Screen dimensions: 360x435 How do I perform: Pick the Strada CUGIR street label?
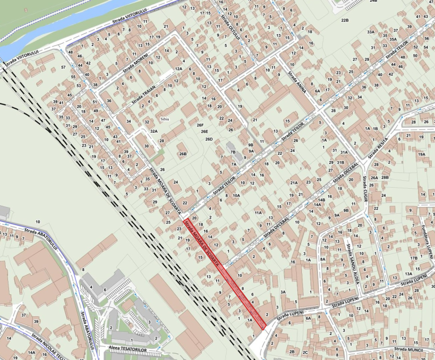click(x=364, y=190)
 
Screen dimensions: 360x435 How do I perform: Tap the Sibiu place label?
click(x=165, y=120)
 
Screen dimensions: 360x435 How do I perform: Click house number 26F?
click(x=200, y=125)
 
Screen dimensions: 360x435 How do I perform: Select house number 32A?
click(x=153, y=131)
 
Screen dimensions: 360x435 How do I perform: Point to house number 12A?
click(x=178, y=69)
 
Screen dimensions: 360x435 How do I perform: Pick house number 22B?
click(x=344, y=20)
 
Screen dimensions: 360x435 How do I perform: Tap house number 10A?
click(x=236, y=195)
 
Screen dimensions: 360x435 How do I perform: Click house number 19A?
click(x=421, y=154)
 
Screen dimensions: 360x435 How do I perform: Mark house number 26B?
click(x=182, y=154)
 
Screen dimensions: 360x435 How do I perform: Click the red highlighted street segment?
click(x=225, y=272)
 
